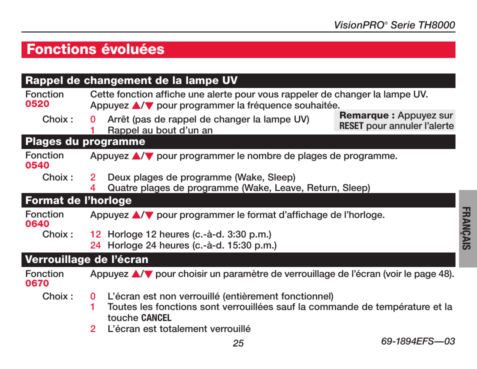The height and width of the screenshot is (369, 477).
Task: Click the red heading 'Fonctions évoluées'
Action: click(x=95, y=49)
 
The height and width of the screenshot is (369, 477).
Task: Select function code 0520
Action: click(x=37, y=104)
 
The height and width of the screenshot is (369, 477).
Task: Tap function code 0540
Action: click(x=37, y=165)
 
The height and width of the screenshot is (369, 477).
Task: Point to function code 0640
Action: click(x=37, y=224)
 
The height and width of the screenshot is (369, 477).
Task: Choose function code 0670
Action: click(x=37, y=283)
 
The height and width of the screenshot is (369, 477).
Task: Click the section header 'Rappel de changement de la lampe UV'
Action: click(x=131, y=80)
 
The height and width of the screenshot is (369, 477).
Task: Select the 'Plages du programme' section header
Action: click(x=85, y=141)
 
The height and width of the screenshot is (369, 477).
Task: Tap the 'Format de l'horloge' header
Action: click(x=78, y=200)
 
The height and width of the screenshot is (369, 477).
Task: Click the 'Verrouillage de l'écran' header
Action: click(x=87, y=259)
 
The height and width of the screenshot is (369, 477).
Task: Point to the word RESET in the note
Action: click(x=351, y=126)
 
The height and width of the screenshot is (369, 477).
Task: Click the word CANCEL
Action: click(x=156, y=318)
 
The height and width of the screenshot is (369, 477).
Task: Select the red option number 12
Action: click(x=95, y=234)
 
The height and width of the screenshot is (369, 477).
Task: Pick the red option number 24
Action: click(x=95, y=245)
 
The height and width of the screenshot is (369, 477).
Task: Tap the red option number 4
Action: click(x=93, y=188)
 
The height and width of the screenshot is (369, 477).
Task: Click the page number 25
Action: click(x=238, y=343)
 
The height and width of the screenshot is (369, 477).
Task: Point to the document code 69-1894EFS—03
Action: click(x=417, y=341)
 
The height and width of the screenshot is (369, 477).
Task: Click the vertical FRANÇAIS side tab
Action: click(x=467, y=228)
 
